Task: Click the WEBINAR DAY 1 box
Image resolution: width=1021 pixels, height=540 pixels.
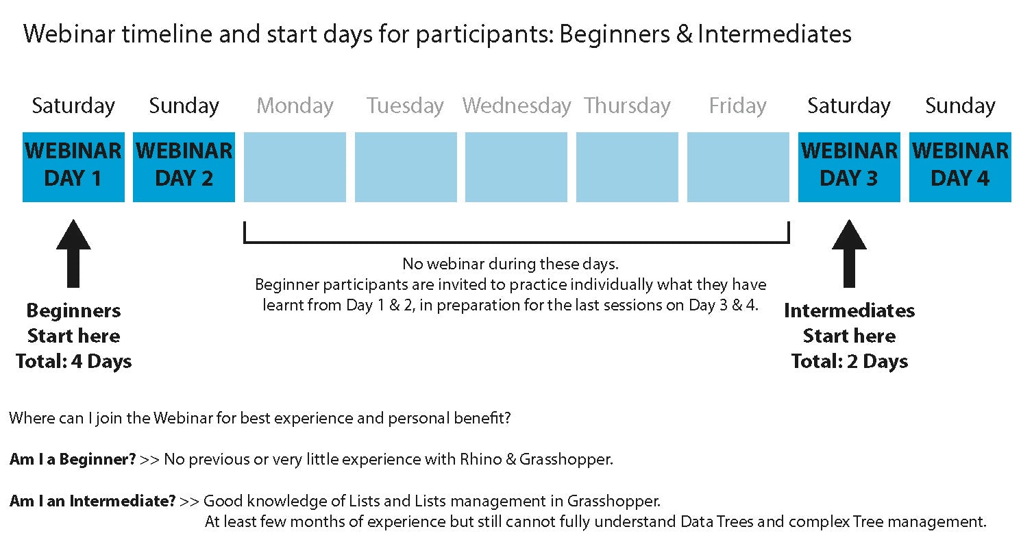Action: pyautogui.click(x=73, y=167)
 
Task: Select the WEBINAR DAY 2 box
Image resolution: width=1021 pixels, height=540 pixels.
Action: pyautogui.click(x=184, y=167)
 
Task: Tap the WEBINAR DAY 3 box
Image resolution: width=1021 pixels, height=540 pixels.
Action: pyautogui.click(x=849, y=167)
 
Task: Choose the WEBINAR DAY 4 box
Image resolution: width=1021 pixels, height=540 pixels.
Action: pyautogui.click(x=960, y=167)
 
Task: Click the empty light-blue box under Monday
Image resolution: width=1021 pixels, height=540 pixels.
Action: pyautogui.click(x=295, y=167)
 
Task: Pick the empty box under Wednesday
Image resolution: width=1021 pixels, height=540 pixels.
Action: pyautogui.click(x=517, y=167)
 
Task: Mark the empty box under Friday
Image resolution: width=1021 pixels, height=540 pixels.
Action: pyautogui.click(x=739, y=167)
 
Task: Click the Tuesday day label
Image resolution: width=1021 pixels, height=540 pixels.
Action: pyautogui.click(x=405, y=106)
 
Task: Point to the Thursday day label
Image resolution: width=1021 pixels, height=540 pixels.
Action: pyautogui.click(x=627, y=106)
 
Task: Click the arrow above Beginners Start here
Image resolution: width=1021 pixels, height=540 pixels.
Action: pyautogui.click(x=73, y=254)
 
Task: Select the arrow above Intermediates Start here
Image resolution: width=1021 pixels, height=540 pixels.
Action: pyautogui.click(x=849, y=254)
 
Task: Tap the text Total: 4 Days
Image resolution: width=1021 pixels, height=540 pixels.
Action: pyautogui.click(x=74, y=361)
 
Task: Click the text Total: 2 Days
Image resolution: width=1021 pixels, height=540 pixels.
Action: pyautogui.click(x=850, y=361)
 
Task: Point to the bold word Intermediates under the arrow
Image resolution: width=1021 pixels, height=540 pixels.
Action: pyautogui.click(x=849, y=311)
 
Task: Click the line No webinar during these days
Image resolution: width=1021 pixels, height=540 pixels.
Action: pyautogui.click(x=510, y=264)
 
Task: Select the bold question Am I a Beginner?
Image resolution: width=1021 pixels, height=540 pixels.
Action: pyautogui.click(x=73, y=459)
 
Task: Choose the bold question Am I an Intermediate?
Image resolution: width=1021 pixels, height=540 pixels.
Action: pyautogui.click(x=93, y=501)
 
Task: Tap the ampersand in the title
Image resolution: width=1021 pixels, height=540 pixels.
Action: pyautogui.click(x=685, y=34)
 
